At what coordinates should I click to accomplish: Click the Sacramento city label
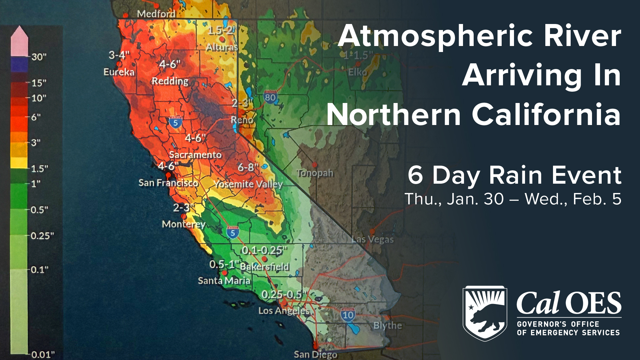click(195, 155)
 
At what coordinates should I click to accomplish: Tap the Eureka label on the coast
click(119, 72)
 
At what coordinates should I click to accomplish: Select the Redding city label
click(170, 81)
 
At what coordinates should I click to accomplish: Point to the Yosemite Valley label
click(248, 184)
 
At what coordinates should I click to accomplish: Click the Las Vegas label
click(373, 239)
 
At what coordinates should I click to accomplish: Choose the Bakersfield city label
click(265, 267)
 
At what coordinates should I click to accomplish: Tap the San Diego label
click(315, 354)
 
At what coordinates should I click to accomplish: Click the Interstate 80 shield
click(270, 97)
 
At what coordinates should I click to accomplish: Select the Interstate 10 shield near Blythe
click(348, 315)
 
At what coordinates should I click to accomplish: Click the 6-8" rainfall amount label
click(248, 167)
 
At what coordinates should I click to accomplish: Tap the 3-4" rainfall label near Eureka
click(119, 55)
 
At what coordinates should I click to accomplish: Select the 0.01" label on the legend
click(43, 354)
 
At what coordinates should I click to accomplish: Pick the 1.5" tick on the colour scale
click(39, 168)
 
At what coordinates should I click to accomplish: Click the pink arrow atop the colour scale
click(19, 40)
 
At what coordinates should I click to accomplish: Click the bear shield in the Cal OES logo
click(485, 313)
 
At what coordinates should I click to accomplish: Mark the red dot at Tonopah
click(315, 165)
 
